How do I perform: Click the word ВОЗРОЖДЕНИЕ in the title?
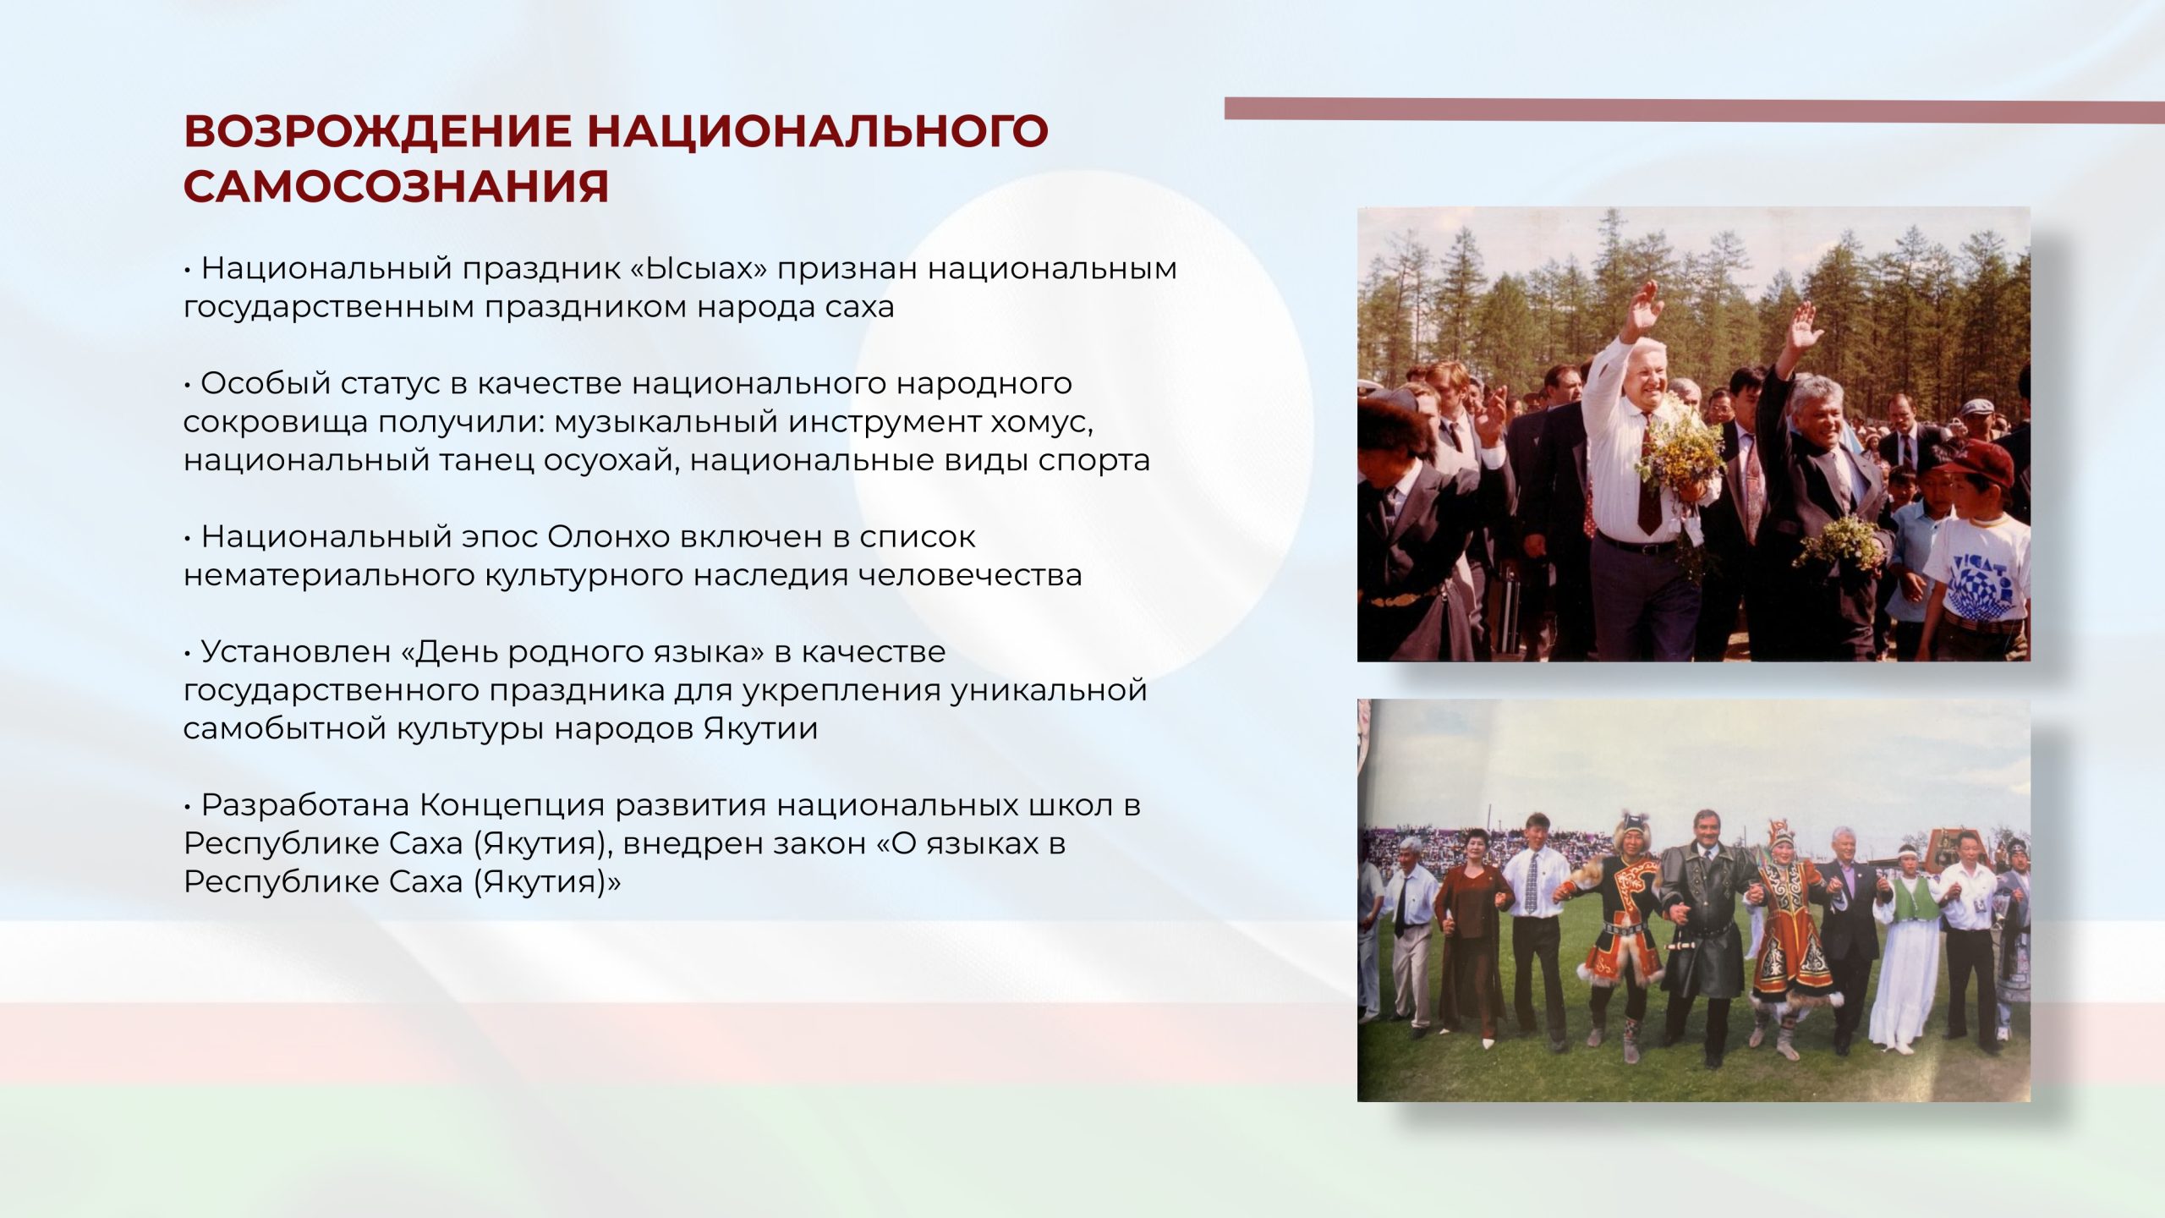(377, 131)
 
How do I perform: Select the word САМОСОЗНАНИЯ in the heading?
(396, 187)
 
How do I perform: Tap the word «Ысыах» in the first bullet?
(699, 268)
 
